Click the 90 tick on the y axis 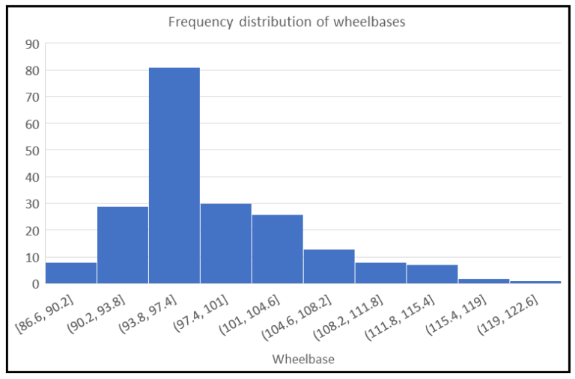pos(32,44)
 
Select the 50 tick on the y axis pos(32,150)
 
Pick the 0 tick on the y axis pos(36,284)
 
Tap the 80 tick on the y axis pos(32,71)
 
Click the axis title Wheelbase pos(303,360)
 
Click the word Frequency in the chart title pos(201,22)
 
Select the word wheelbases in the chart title pos(369,22)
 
